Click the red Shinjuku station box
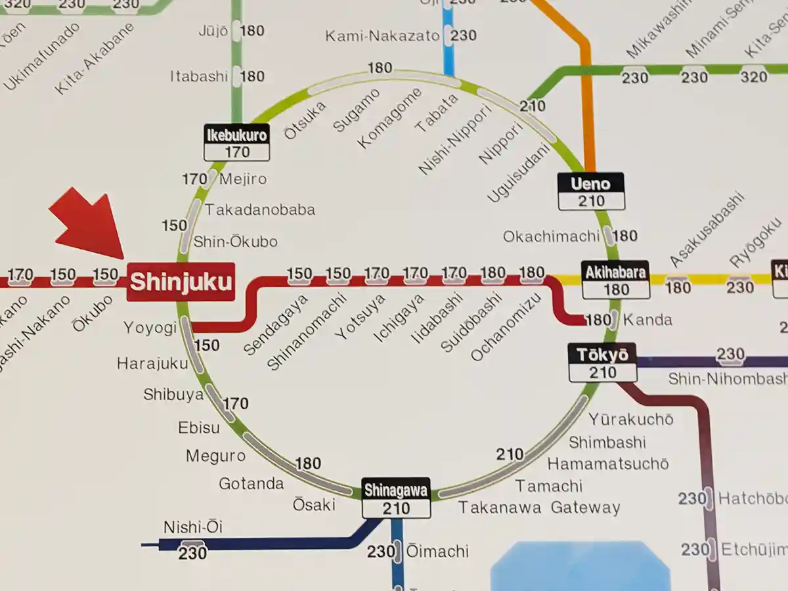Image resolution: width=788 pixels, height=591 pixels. click(x=181, y=282)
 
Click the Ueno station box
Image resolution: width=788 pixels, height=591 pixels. click(x=591, y=192)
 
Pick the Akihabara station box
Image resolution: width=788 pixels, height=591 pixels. click(x=615, y=280)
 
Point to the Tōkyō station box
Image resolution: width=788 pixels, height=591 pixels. click(x=602, y=363)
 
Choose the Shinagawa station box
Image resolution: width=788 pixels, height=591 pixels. click(x=396, y=498)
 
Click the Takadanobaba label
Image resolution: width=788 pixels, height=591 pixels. click(x=260, y=210)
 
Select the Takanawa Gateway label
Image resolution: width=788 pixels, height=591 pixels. click(x=539, y=508)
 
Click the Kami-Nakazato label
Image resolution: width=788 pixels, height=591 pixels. click(x=382, y=35)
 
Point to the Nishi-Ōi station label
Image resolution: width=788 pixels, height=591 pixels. click(x=193, y=527)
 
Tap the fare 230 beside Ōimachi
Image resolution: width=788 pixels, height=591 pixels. click(x=380, y=552)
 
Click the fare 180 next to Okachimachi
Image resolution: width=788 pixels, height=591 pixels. click(x=625, y=236)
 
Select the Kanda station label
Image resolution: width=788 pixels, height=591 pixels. click(x=647, y=320)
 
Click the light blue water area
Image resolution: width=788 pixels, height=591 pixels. click(x=578, y=568)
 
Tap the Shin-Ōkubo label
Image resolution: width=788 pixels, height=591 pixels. click(x=235, y=242)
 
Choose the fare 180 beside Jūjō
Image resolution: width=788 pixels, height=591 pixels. click(x=252, y=31)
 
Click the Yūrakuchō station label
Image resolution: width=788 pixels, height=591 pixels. click(x=630, y=419)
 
